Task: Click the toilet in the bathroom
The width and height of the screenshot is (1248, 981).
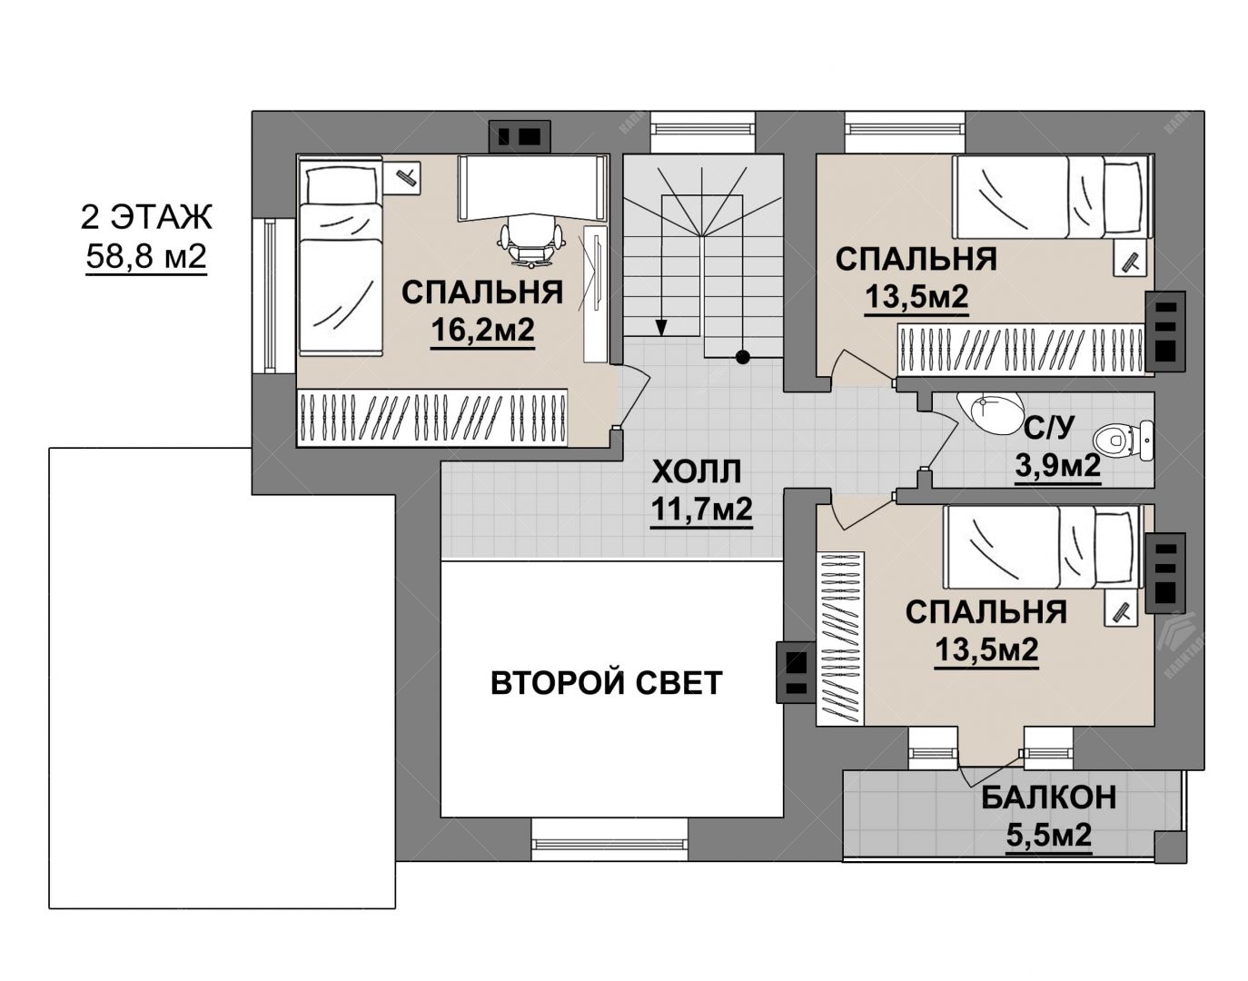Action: point(1123,441)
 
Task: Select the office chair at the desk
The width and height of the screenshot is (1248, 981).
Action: point(530,242)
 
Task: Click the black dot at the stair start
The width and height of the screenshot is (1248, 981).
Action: point(743,357)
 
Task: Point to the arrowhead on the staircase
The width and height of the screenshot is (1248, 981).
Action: point(661,327)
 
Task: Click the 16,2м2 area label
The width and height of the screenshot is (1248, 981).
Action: point(482,331)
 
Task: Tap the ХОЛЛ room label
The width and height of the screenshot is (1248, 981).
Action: point(697,472)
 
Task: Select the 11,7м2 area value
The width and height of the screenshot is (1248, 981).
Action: point(701,510)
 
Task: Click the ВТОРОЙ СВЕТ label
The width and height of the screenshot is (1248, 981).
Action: point(607,683)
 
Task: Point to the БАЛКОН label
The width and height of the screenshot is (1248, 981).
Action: point(1049,798)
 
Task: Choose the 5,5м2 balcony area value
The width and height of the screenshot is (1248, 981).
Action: point(1049,836)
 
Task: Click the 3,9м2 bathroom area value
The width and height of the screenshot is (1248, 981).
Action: point(1058,465)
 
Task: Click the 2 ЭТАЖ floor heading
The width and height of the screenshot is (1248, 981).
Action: point(146,217)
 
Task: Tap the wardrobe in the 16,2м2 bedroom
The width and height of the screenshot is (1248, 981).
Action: point(431,417)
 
